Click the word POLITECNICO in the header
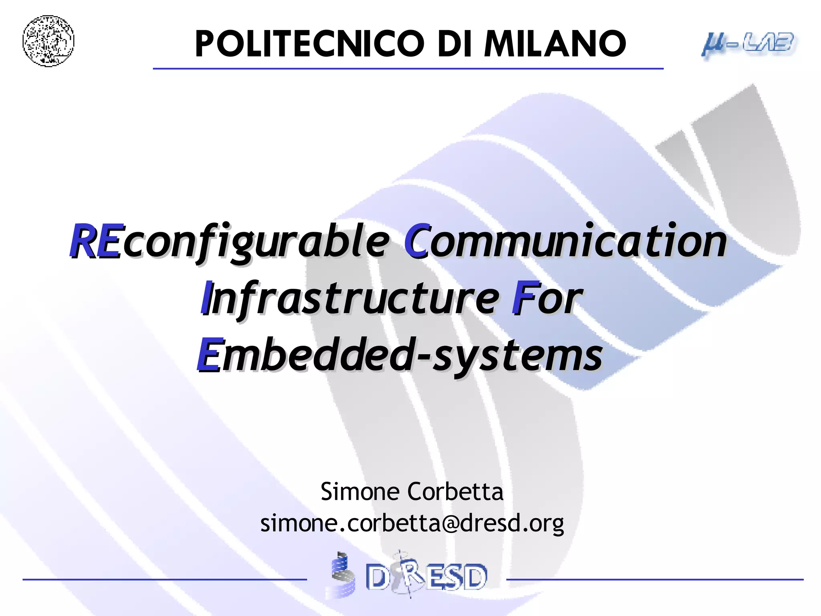click(x=309, y=44)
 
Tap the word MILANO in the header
click(x=555, y=44)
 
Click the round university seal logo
click(x=49, y=41)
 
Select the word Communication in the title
click(x=565, y=241)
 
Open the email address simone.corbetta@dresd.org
click(x=412, y=523)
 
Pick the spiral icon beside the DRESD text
click(x=342, y=575)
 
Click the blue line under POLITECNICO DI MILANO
click(x=408, y=69)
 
